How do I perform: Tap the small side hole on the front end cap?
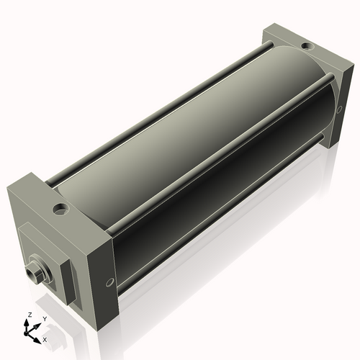[109, 282]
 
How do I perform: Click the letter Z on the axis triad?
[29, 315]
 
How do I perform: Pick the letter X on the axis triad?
[45, 338]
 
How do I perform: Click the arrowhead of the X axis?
[39, 336]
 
